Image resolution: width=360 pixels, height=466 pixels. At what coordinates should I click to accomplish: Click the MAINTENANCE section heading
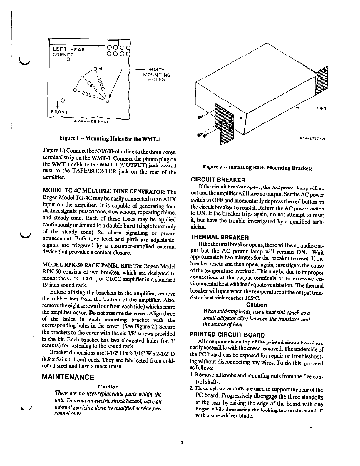68,377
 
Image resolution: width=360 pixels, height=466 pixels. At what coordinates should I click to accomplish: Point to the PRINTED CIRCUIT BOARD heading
227,335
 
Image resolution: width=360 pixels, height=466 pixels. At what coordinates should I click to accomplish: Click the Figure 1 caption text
110,139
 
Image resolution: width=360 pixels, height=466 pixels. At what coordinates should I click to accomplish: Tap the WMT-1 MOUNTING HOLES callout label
156,75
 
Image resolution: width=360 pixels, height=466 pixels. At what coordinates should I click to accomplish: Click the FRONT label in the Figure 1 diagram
60,112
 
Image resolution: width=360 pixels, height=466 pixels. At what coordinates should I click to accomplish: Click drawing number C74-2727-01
312,138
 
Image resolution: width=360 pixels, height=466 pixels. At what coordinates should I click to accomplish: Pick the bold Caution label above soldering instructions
256,305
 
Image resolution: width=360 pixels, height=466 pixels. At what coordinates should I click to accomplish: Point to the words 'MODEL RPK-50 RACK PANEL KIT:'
89,266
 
